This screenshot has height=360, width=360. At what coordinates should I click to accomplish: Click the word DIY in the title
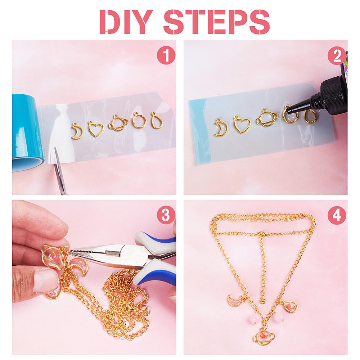126,22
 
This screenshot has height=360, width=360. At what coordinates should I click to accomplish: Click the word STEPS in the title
216,22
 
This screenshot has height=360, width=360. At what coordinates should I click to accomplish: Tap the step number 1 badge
166,55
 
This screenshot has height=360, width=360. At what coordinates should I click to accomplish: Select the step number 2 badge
337,55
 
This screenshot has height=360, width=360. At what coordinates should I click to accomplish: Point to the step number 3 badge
166,216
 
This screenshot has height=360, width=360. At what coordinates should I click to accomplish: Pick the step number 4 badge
337,216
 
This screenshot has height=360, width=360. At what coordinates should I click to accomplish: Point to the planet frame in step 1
118,123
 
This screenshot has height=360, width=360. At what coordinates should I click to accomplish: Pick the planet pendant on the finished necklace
264,336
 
